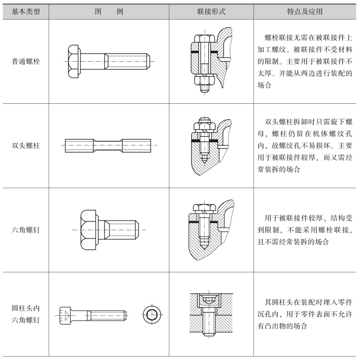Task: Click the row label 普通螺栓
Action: point(25,61)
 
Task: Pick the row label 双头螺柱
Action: point(25,145)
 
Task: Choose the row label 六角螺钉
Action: point(25,229)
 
